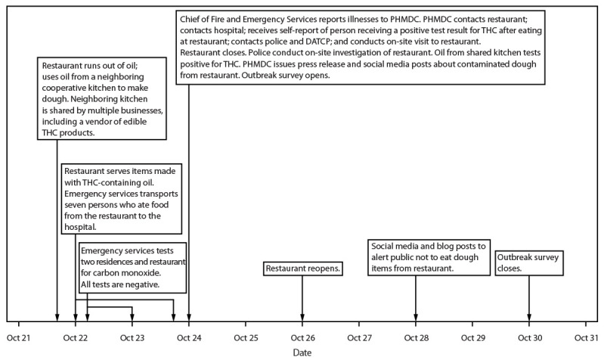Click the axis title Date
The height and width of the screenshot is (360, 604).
[x=302, y=352]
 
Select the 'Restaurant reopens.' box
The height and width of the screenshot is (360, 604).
[x=302, y=268]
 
